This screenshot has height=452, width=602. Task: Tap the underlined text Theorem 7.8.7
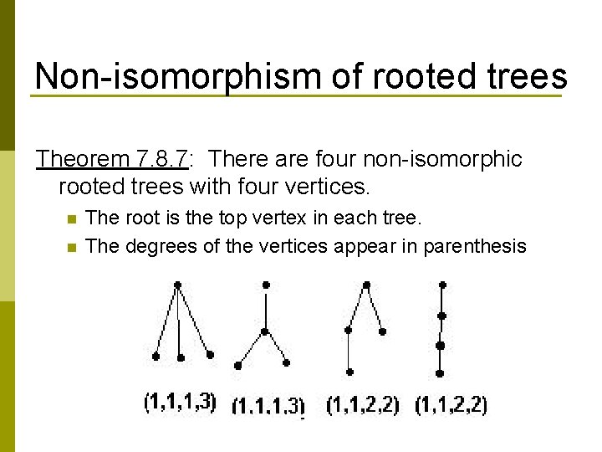113,158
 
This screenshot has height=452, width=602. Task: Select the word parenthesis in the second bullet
475,245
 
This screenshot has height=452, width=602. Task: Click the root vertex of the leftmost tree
177,285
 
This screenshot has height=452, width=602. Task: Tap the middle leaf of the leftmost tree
181,357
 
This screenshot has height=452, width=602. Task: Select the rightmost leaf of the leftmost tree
210,355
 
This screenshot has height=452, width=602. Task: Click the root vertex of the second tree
266,285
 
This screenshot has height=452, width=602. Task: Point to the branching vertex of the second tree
266,332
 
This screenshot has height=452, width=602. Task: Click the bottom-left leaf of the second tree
238,365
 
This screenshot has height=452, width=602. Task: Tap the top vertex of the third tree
366,285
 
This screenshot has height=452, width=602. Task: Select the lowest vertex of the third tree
349,372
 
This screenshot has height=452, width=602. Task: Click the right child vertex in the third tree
382,331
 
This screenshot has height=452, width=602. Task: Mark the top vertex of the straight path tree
442,285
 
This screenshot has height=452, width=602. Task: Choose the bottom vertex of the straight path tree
441,373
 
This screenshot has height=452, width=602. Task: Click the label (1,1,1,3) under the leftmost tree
180,403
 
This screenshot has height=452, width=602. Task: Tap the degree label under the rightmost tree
451,405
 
